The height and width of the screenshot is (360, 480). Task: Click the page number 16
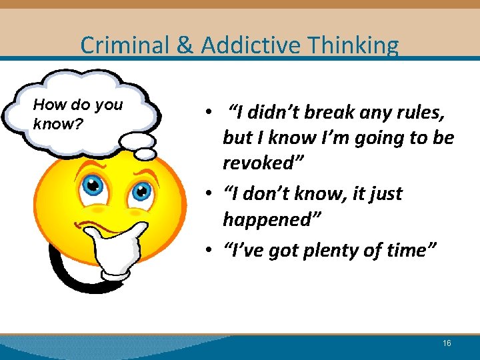click(447, 343)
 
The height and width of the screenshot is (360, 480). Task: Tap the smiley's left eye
click(94, 185)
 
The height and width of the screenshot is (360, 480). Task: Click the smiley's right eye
click(141, 192)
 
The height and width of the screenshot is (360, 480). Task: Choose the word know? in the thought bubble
click(57, 123)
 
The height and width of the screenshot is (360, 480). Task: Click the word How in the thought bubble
click(47, 105)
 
